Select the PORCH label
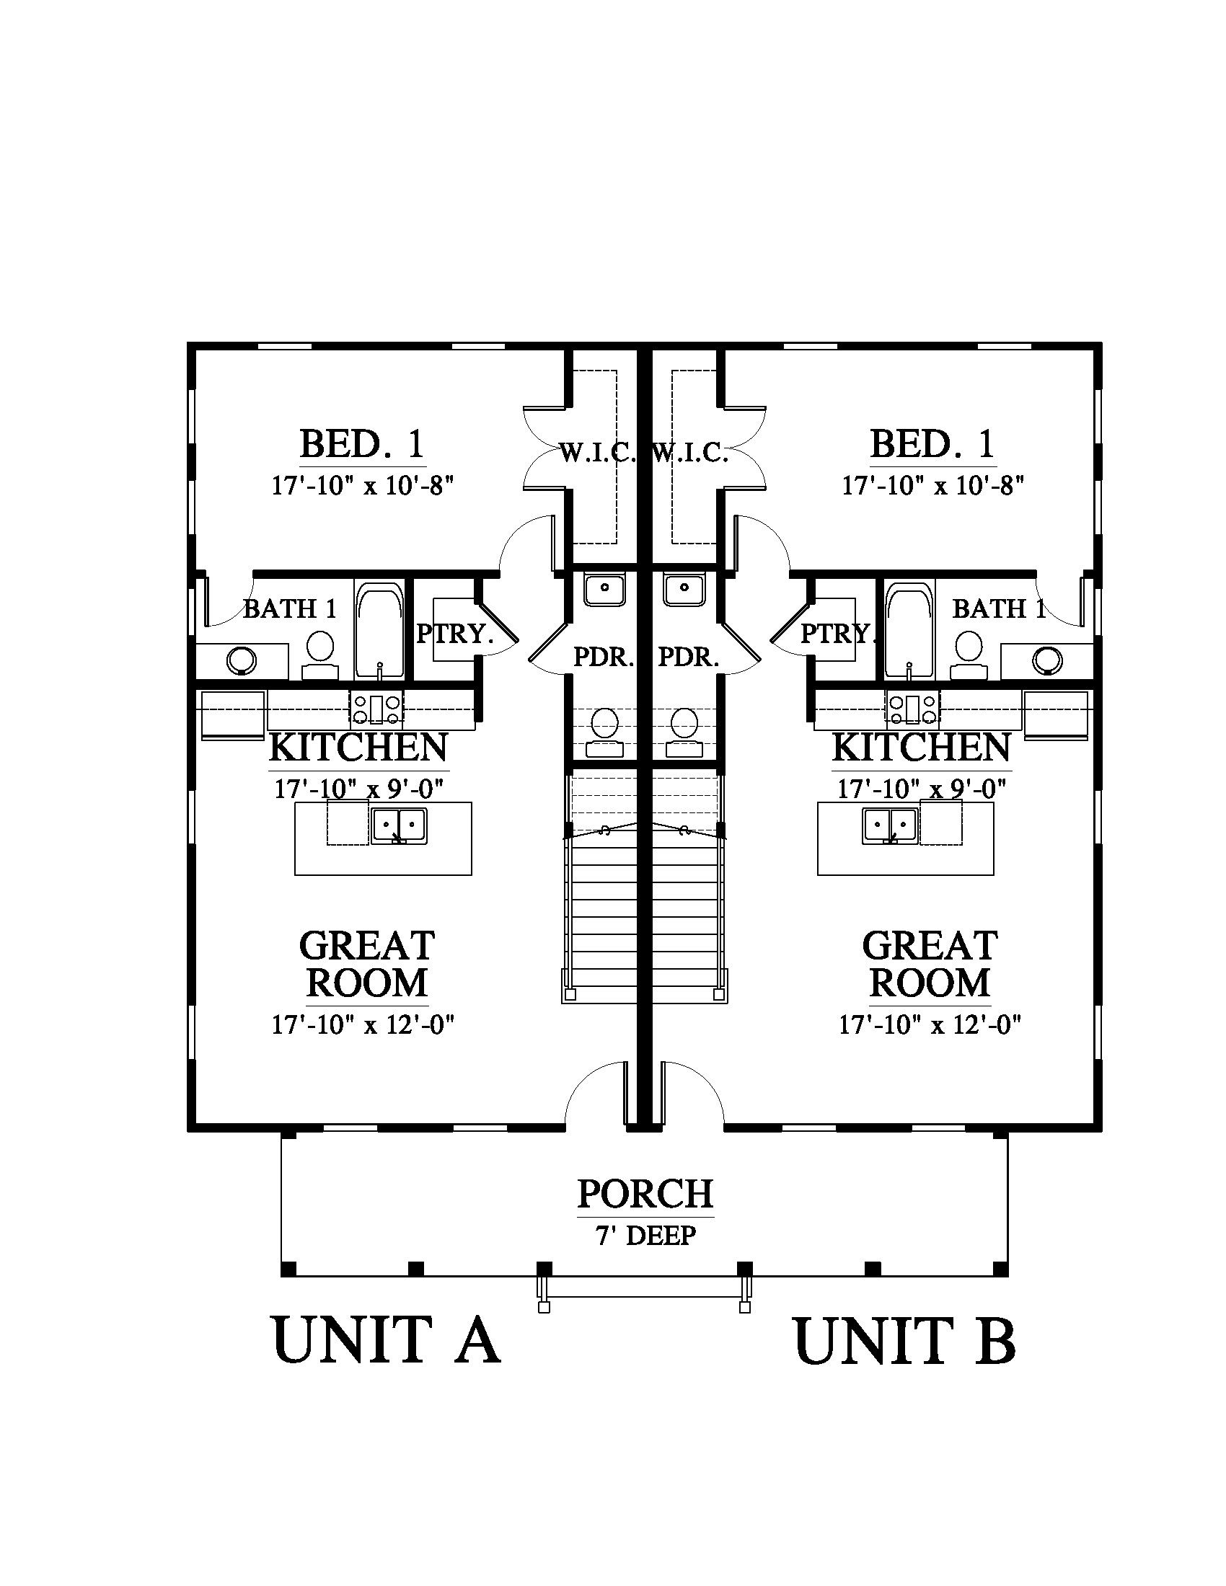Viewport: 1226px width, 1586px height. click(645, 1194)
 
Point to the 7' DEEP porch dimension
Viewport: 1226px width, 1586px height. click(645, 1234)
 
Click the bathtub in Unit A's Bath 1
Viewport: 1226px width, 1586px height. click(379, 629)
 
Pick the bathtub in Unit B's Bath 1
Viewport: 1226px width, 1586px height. click(909, 629)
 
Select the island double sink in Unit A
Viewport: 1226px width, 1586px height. click(399, 826)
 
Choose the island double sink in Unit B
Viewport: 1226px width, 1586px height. click(891, 826)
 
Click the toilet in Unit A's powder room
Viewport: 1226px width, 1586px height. click(604, 732)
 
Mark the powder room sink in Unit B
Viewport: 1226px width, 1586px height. click(684, 590)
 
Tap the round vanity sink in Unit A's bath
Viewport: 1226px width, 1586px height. click(241, 661)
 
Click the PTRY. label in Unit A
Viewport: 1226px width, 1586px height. click(454, 634)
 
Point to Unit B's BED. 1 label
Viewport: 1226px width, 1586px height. click(932, 444)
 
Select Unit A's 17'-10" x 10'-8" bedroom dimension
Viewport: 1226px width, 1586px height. click(363, 486)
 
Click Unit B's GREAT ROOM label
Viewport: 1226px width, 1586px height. click(930, 965)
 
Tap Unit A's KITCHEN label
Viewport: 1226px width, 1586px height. click(359, 748)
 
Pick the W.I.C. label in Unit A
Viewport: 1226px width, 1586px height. click(598, 454)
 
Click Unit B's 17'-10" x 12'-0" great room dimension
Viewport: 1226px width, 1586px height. click(930, 1025)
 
